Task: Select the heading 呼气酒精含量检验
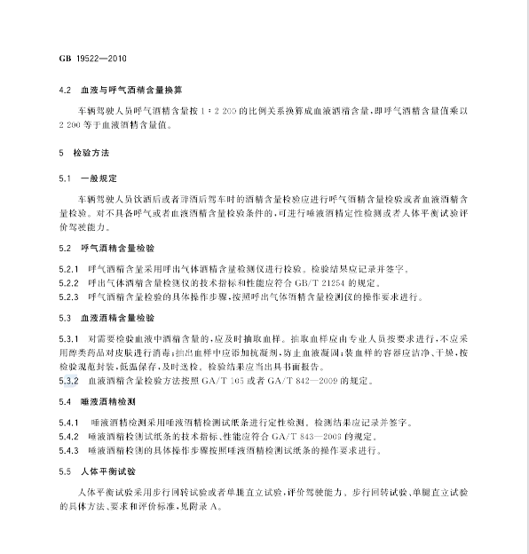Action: pyautogui.click(x=116, y=243)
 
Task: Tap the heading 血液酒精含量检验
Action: pyautogui.click(x=116, y=317)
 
